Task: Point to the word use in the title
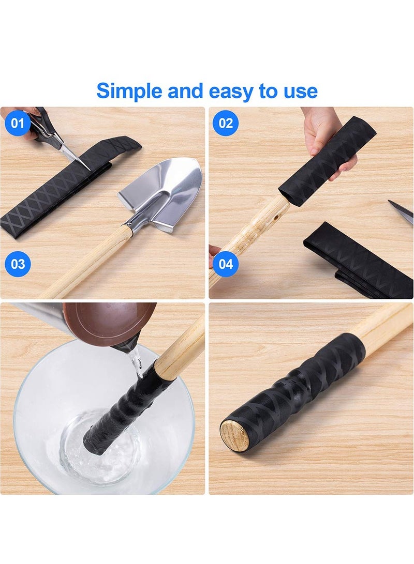point(300,91)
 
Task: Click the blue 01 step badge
point(18,123)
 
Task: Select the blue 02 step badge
point(226,123)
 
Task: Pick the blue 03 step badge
point(18,264)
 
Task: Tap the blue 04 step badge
point(226,264)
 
